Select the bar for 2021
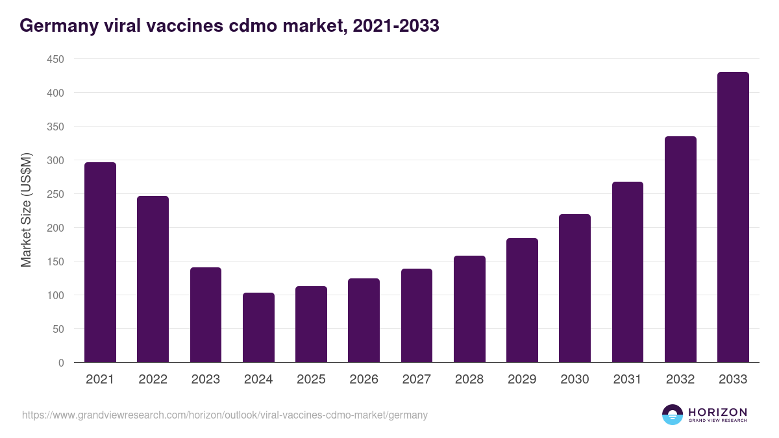pos(100,262)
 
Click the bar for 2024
pos(258,328)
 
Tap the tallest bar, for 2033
pos(733,217)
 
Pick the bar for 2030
pos(575,288)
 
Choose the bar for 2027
pos(417,315)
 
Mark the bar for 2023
pos(206,315)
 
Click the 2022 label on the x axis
pos(153,380)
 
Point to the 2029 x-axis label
pos(522,380)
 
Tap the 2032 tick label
pos(680,380)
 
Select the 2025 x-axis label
pos(311,380)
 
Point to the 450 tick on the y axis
pos(55,59)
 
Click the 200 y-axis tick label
pos(55,228)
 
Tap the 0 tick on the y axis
pos(61,363)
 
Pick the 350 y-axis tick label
pos(55,127)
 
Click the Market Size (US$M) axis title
pos(26,210)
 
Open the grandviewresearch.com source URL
pos(225,415)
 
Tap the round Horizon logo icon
pos(672,415)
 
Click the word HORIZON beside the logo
pos(717,412)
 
